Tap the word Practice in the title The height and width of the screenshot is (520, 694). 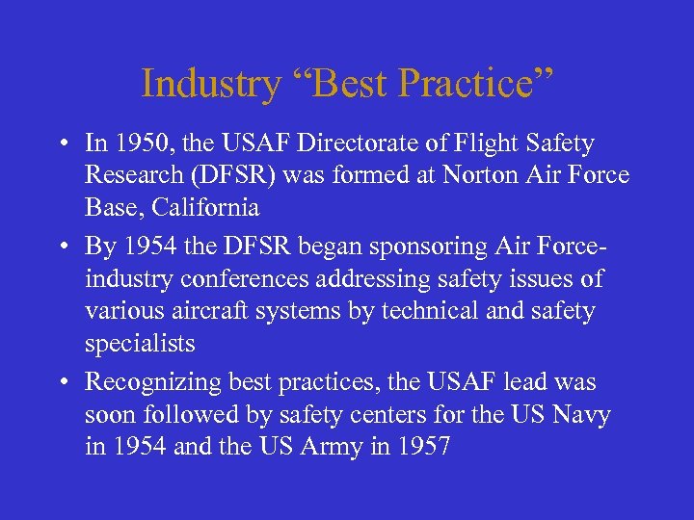tap(473, 84)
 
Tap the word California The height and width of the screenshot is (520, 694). tap(210, 208)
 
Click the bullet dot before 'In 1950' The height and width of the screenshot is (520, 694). tap(62, 145)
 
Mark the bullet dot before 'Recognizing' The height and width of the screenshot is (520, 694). tap(62, 383)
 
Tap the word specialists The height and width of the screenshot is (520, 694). tap(140, 344)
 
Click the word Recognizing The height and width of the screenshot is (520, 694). tap(153, 382)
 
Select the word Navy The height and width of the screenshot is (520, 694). tap(583, 414)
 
